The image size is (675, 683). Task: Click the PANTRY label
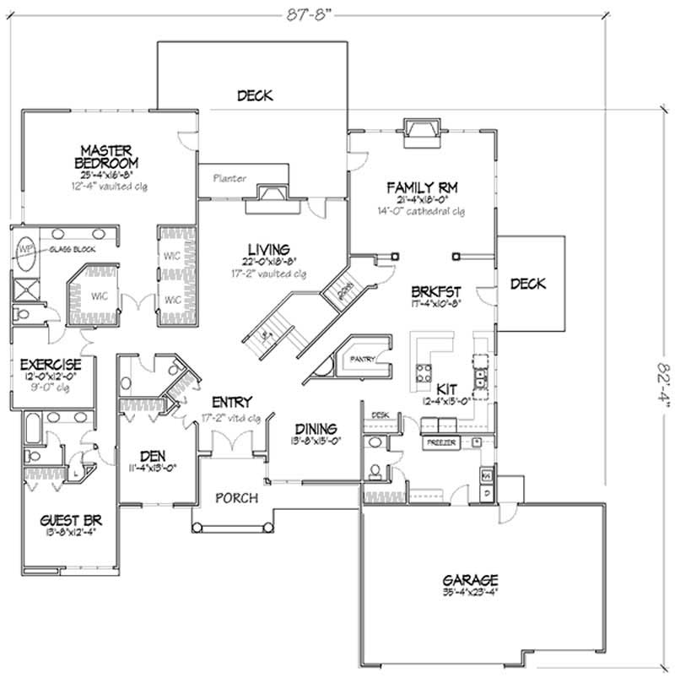[364, 358]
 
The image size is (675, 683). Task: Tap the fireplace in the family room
[419, 133]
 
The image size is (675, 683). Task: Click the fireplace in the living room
[269, 194]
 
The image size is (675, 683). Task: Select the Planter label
[229, 178]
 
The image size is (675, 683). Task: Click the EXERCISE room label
[51, 364]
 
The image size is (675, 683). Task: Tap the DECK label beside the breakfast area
[528, 284]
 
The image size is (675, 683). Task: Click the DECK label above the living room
[254, 95]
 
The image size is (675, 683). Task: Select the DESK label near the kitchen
[380, 415]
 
